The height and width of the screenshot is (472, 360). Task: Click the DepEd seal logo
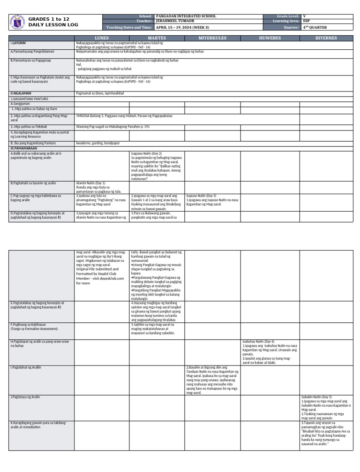pyautogui.click(x=17, y=22)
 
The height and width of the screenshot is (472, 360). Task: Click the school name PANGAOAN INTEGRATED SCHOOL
pyautogui.click(x=186, y=16)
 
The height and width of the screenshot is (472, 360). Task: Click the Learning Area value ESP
pyautogui.click(x=306, y=21)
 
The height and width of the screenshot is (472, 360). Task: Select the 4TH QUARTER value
pyautogui.click(x=315, y=28)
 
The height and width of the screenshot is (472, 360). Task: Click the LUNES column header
pyautogui.click(x=102, y=37)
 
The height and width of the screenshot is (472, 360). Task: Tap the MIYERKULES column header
pyautogui.click(x=212, y=37)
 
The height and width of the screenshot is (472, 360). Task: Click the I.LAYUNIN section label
pyautogui.click(x=18, y=43)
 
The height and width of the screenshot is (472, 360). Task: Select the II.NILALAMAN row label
pyautogui.click(x=21, y=93)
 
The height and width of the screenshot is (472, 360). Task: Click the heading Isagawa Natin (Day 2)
pyautogui.click(x=146, y=153)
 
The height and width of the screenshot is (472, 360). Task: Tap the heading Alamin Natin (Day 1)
pyautogui.click(x=90, y=183)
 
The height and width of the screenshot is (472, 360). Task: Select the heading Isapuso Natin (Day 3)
pyautogui.click(x=201, y=195)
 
